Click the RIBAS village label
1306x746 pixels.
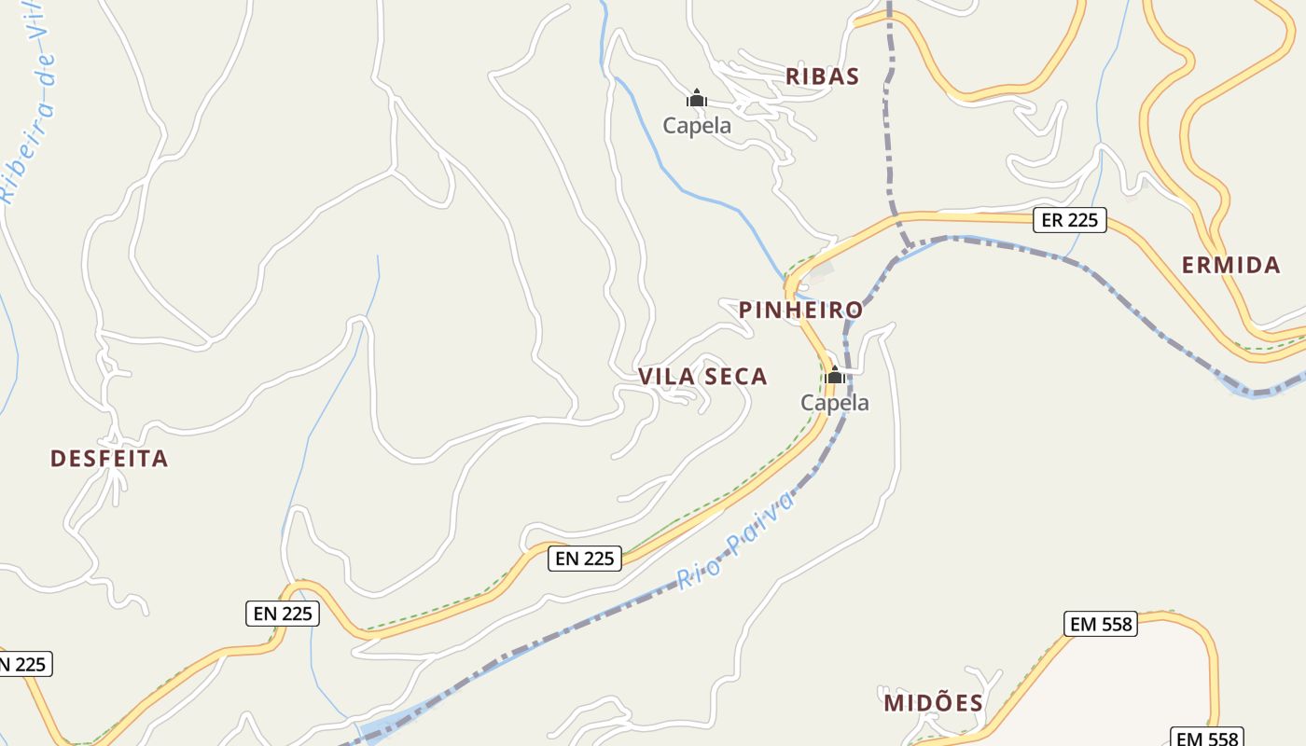point(822,76)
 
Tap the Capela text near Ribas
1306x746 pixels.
point(697,125)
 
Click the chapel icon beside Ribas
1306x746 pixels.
point(697,98)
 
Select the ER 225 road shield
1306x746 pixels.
point(1069,220)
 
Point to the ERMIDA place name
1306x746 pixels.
point(1231,266)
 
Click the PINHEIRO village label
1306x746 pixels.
point(801,310)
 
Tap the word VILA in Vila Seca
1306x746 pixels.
point(667,377)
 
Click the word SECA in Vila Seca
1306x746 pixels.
point(736,377)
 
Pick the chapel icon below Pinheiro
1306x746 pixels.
point(835,376)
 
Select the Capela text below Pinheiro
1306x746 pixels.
point(835,403)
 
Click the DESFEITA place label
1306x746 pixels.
point(109,459)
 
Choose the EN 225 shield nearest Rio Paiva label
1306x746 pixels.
point(584,558)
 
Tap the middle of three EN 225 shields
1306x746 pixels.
point(283,614)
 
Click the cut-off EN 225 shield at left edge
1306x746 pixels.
point(22,664)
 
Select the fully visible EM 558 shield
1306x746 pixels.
point(1101,624)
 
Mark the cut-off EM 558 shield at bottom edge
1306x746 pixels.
point(1207,738)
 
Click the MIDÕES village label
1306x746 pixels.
point(933,703)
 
